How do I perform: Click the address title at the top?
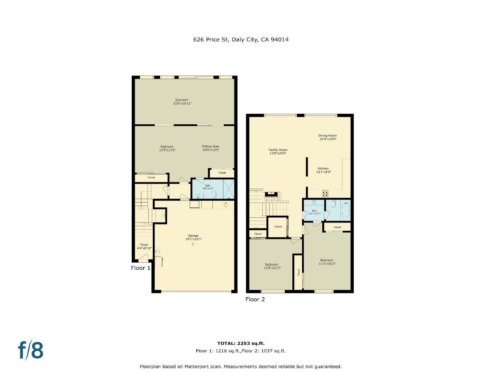(x=241, y=40)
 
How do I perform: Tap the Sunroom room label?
(x=182, y=102)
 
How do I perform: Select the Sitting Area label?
(x=211, y=148)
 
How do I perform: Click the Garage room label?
(x=193, y=237)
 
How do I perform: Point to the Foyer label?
(x=144, y=246)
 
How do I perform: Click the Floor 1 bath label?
(x=208, y=187)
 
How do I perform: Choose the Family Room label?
(x=278, y=152)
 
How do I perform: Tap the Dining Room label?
(x=327, y=137)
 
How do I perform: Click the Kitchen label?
(x=323, y=170)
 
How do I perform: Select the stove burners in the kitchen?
(x=325, y=194)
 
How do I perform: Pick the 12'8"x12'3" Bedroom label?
(x=272, y=266)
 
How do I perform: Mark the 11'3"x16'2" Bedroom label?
(x=327, y=262)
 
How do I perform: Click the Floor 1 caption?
(x=141, y=268)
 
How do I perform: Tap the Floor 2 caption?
(x=255, y=299)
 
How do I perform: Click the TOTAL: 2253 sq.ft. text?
(x=241, y=343)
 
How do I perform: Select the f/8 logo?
(x=31, y=350)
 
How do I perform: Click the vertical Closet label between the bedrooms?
(x=298, y=272)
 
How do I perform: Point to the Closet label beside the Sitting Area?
(x=222, y=173)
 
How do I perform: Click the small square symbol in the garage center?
(x=193, y=244)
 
